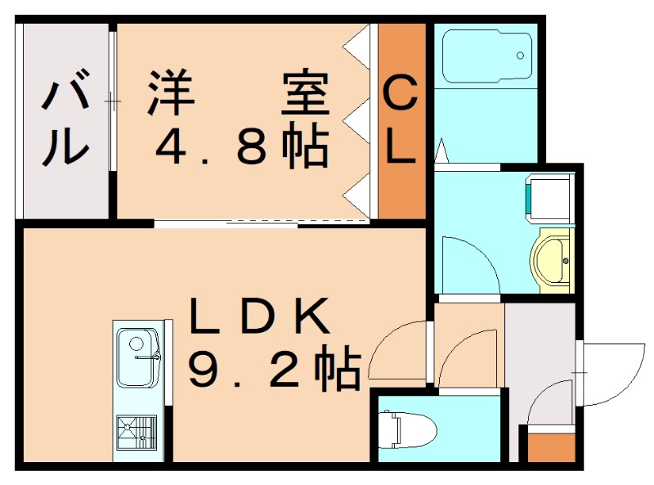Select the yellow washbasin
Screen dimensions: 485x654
[x=553, y=258]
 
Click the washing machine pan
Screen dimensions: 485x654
[x=548, y=197]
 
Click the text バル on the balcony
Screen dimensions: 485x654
[x=65, y=123]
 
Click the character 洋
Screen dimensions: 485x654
[x=172, y=93]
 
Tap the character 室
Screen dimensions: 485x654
[x=306, y=93]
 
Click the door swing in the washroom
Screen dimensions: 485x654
[x=468, y=263]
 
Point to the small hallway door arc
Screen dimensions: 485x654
[x=468, y=360]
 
